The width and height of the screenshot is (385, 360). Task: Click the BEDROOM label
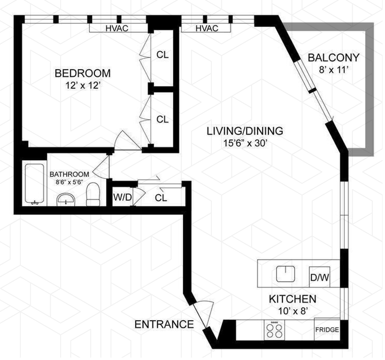click(82, 74)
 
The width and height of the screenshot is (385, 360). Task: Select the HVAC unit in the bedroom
click(117, 28)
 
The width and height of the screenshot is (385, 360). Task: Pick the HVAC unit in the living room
click(207, 28)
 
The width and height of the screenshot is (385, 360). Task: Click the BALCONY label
click(334, 58)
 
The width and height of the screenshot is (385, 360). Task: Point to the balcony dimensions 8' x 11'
click(334, 69)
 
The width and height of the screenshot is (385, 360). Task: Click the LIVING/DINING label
click(244, 130)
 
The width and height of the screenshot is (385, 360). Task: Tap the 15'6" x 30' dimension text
click(244, 142)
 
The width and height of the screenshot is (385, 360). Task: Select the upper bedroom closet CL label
click(163, 54)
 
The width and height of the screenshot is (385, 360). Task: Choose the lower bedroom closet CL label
click(163, 119)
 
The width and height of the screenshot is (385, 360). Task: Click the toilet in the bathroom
click(92, 194)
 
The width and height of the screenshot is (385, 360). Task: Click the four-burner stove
click(275, 330)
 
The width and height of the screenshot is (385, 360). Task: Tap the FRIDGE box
click(327, 330)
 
